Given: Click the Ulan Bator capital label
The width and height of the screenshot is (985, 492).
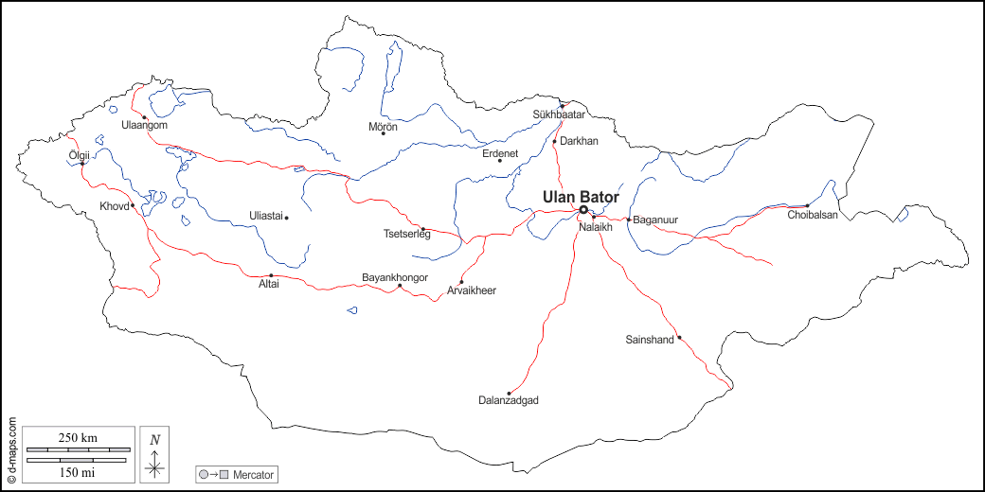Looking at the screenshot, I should [581, 197].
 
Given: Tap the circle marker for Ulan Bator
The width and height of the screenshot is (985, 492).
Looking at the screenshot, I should [583, 210].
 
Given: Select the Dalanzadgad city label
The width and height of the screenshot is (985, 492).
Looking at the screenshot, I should [509, 401].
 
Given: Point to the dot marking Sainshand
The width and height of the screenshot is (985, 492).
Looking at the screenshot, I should [679, 337].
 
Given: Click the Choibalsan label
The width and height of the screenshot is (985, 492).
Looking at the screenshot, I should [813, 216].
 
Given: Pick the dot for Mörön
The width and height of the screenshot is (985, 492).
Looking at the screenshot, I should [384, 133].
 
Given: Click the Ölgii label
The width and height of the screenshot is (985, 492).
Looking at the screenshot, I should [81, 154].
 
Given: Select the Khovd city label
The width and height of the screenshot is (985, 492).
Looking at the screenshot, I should [114, 206].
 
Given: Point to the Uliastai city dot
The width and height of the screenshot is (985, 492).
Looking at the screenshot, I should [286, 218].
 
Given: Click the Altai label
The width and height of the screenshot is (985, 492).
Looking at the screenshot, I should [269, 284].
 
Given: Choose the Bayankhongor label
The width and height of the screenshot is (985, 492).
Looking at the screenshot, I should [395, 277].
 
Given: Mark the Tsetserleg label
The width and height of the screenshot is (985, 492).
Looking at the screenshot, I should [406, 235].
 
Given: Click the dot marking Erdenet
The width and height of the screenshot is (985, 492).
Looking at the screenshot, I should [500, 161].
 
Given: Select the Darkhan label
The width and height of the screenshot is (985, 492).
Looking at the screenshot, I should [580, 141].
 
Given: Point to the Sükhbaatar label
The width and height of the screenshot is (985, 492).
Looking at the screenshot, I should [560, 114].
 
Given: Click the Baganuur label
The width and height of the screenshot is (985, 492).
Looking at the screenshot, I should [655, 220].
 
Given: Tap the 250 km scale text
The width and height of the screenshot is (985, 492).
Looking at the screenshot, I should [78, 437].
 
